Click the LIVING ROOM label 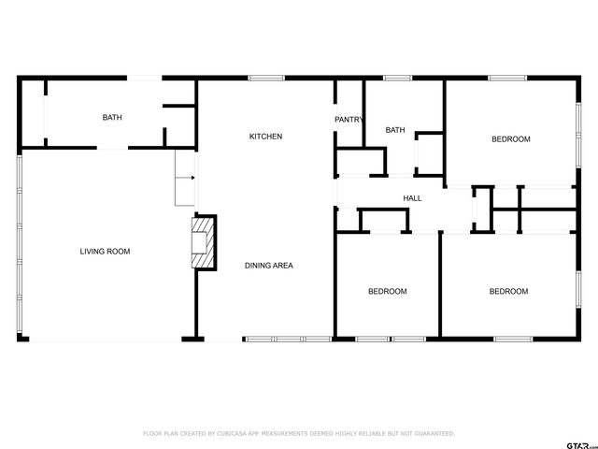click(x=105, y=251)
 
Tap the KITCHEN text click(x=265, y=137)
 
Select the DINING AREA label click(x=269, y=266)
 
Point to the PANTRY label click(x=349, y=120)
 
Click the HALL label click(x=412, y=198)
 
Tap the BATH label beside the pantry click(x=395, y=130)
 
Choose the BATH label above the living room click(x=112, y=117)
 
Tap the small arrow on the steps click(x=192, y=177)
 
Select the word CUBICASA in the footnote click(x=233, y=433)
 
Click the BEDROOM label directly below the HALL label click(x=387, y=291)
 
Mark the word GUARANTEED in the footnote click(x=435, y=433)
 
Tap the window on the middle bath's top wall click(x=398, y=78)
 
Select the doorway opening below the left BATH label click(x=111, y=148)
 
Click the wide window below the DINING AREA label click(x=287, y=338)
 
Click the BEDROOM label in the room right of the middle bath click(x=511, y=139)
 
